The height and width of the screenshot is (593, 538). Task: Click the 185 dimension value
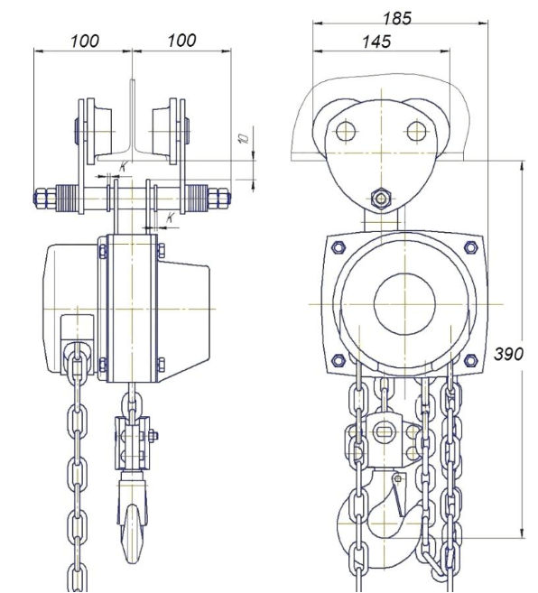397,18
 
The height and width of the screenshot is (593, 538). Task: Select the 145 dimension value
376,42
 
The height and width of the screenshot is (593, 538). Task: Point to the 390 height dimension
509,354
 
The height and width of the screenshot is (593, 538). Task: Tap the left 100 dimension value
85,41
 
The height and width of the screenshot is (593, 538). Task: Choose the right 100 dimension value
181,41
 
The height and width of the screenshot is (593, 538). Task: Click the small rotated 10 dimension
244,138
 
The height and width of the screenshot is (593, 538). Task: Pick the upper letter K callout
124,166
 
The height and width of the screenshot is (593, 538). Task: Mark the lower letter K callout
171,218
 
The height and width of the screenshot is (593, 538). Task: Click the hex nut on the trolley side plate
381,198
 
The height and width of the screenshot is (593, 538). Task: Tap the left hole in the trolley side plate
346,131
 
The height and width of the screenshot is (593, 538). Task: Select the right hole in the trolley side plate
416,131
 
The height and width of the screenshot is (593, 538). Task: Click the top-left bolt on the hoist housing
338,247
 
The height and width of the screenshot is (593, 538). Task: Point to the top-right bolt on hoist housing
470,247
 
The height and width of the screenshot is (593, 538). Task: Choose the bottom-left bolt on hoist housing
338,360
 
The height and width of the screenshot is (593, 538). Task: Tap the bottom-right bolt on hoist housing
470,360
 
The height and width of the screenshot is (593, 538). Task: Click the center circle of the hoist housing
404,303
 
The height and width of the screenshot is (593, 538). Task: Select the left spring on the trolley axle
68,198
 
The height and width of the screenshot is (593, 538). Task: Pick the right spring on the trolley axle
197,198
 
